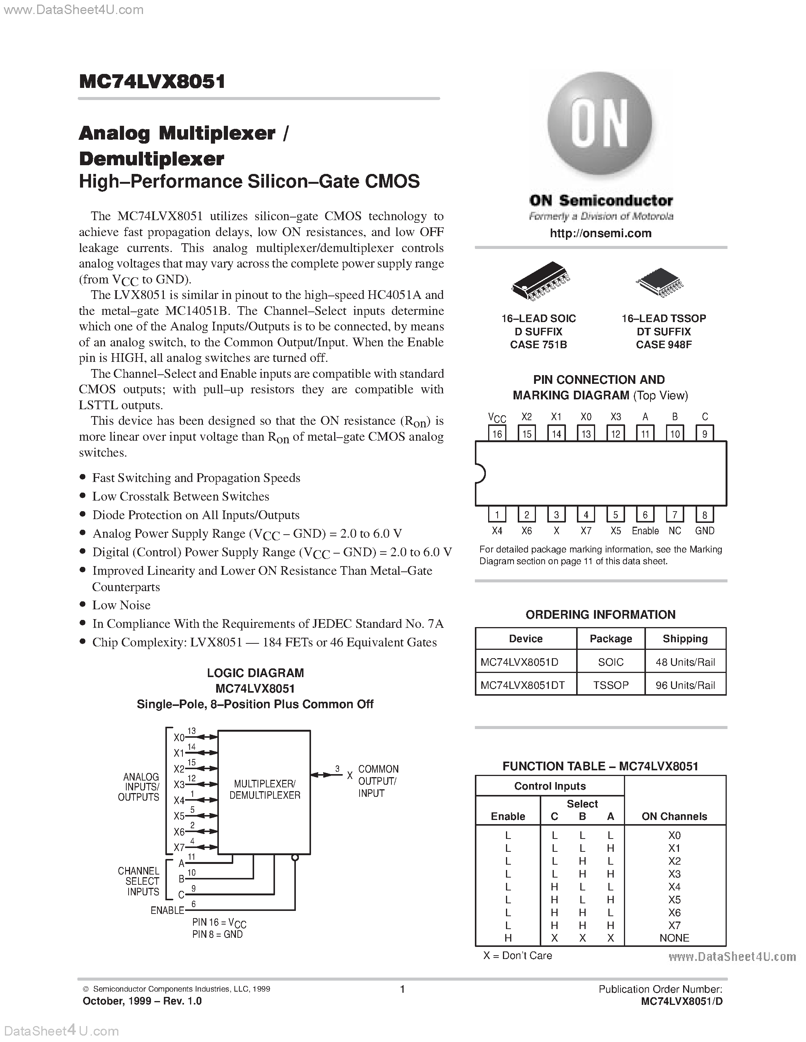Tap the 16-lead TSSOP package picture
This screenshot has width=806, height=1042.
660,282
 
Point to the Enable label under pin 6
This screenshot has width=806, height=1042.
645,531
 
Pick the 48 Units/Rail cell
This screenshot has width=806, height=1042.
685,662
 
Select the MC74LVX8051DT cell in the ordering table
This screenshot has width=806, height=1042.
522,685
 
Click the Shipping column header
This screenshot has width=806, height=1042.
685,639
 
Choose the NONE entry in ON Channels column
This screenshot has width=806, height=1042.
674,938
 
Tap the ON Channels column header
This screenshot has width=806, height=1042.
674,816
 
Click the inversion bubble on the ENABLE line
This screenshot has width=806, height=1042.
295,858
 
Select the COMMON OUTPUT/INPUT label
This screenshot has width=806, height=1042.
378,781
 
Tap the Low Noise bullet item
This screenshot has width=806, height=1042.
121,605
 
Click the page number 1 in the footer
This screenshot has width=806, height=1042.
402,989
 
